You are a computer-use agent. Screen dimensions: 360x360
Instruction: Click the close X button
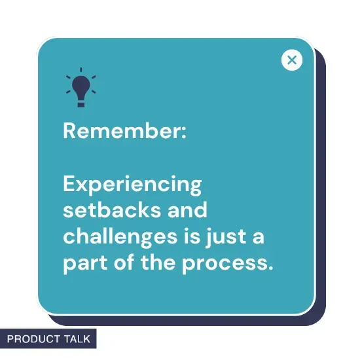click(x=292, y=60)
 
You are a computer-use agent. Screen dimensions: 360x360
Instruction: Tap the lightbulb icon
click(x=81, y=88)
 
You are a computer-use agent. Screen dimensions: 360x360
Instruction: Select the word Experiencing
click(x=132, y=185)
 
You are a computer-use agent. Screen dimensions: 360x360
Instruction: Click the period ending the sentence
click(x=269, y=268)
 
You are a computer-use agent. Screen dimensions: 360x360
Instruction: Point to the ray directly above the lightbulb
click(x=81, y=69)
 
